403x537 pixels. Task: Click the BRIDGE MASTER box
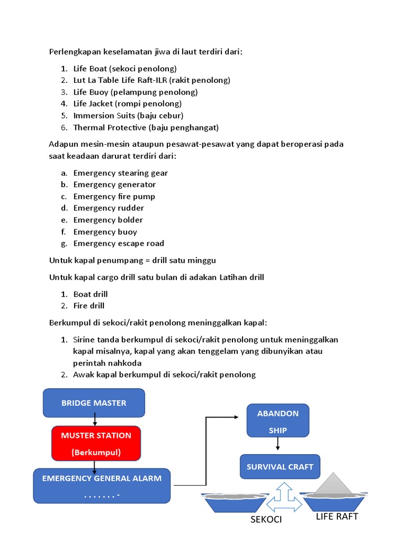94,403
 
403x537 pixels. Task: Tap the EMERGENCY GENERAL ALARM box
102,485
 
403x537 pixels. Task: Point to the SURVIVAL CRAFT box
280,466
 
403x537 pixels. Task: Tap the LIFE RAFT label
337,517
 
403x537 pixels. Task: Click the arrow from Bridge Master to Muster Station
94,418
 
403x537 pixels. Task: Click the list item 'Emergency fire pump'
114,197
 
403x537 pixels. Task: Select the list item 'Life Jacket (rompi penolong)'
127,103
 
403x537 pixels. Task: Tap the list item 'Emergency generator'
114,185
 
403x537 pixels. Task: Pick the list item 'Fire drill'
89,306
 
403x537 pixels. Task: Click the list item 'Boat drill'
90,294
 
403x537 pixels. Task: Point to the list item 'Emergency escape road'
119,243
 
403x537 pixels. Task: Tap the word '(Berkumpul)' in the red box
96,452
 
